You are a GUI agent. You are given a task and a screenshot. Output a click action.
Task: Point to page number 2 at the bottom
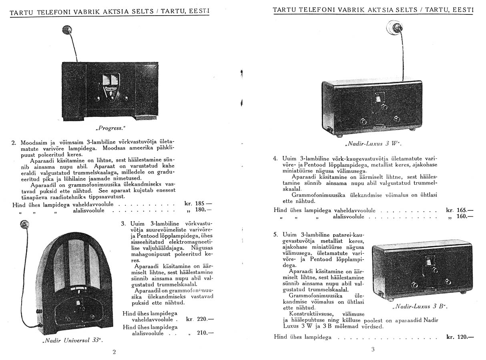[114, 352]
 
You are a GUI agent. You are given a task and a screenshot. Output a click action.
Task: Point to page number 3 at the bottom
[373, 349]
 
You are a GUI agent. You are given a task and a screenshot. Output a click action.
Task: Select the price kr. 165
[459, 210]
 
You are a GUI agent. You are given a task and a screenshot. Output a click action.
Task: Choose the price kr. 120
[460, 337]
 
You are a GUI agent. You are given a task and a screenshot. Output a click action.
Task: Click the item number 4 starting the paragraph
[275, 158]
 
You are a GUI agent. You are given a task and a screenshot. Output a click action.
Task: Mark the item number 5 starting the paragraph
[275, 234]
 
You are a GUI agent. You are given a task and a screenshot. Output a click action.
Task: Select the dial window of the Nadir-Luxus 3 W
[378, 99]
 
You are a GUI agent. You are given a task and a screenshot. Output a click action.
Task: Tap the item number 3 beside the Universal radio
[123, 223]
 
